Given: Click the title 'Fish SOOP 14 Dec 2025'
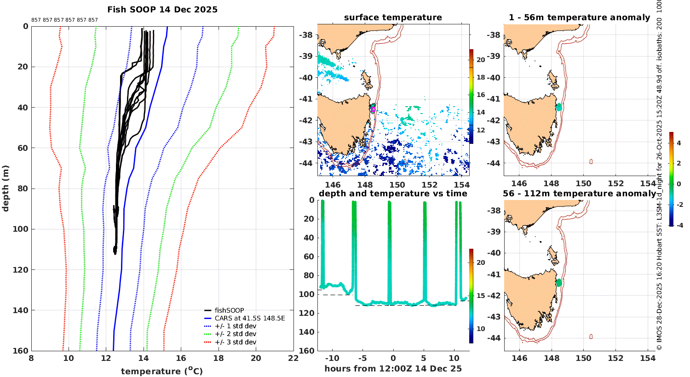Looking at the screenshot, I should (x=162, y=10).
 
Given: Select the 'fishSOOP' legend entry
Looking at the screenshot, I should (x=229, y=310).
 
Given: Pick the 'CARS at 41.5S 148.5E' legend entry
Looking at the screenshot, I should (x=249, y=318).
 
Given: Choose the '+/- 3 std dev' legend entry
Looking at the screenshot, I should (x=235, y=342).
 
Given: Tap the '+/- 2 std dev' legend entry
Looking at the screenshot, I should (x=235, y=334).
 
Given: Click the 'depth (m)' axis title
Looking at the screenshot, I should (x=6, y=188).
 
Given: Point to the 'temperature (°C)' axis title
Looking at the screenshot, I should (x=162, y=371).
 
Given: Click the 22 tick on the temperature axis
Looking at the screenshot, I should (x=293, y=359).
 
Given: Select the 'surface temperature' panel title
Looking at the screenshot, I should (x=393, y=17).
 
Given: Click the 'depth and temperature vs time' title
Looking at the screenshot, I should (x=393, y=194).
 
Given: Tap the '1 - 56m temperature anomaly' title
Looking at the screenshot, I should (x=579, y=17).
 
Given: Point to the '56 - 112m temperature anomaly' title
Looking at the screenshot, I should (x=579, y=194).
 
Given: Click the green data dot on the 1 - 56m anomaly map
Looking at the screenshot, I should (x=559, y=107).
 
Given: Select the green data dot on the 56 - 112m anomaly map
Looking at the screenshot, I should (x=559, y=282).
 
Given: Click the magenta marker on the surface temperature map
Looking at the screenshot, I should (x=373, y=109).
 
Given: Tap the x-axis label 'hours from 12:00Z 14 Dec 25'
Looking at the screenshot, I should (x=393, y=369).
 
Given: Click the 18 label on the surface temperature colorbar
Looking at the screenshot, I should (x=481, y=77).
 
